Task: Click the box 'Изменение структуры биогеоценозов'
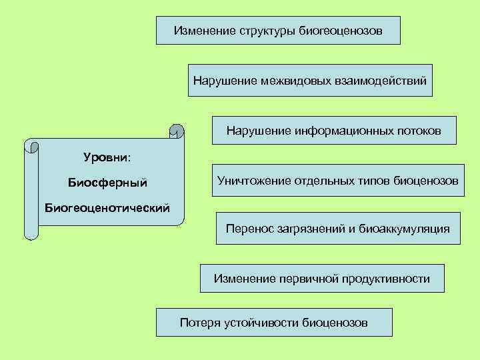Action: (x=278, y=30)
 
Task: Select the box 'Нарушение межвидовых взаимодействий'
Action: (x=310, y=81)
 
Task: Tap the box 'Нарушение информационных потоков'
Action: (x=333, y=130)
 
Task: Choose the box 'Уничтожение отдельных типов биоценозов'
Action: (x=338, y=180)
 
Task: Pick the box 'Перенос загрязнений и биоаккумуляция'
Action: (x=338, y=229)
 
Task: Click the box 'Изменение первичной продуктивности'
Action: (x=322, y=278)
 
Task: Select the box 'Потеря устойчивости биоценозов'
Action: (x=273, y=323)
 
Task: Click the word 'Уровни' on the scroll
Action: (x=106, y=158)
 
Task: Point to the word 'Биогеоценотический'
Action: (x=107, y=207)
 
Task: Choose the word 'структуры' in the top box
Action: (x=267, y=30)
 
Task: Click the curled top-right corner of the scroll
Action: (x=177, y=131)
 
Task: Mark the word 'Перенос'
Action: (x=247, y=229)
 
